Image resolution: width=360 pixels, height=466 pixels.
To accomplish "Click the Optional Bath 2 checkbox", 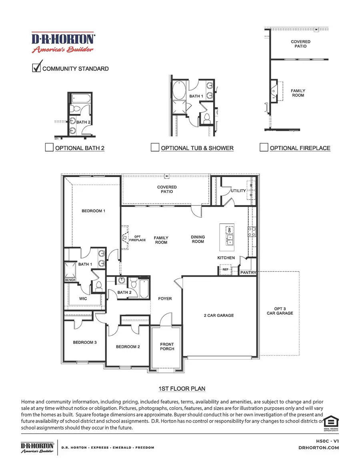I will pyautogui.click(x=49, y=148).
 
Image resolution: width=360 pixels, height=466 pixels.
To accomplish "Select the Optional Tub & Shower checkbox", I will pyautogui.click(x=155, y=148).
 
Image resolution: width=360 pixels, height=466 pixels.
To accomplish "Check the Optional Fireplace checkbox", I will pyautogui.click(x=264, y=148).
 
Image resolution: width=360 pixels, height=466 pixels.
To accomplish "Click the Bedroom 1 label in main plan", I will pyautogui.click(x=93, y=211).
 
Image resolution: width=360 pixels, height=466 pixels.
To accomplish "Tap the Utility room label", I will pyautogui.click(x=239, y=191).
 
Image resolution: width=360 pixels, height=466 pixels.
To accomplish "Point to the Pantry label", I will pyautogui.click(x=248, y=272).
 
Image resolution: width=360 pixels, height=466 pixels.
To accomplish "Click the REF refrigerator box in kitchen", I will pyautogui.click(x=225, y=270).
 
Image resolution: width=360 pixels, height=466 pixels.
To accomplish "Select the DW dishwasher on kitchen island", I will pyautogui.click(x=230, y=231).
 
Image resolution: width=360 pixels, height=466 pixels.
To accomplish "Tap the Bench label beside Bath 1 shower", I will pyautogui.click(x=70, y=280).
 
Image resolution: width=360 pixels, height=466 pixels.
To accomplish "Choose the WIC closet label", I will pyautogui.click(x=83, y=299).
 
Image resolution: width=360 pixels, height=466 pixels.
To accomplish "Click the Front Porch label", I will pyautogui.click(x=167, y=347).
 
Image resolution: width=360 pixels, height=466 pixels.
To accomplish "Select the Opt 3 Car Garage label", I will pyautogui.click(x=280, y=311).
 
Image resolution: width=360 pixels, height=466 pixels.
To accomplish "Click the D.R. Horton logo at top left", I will pyautogui.click(x=63, y=42).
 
